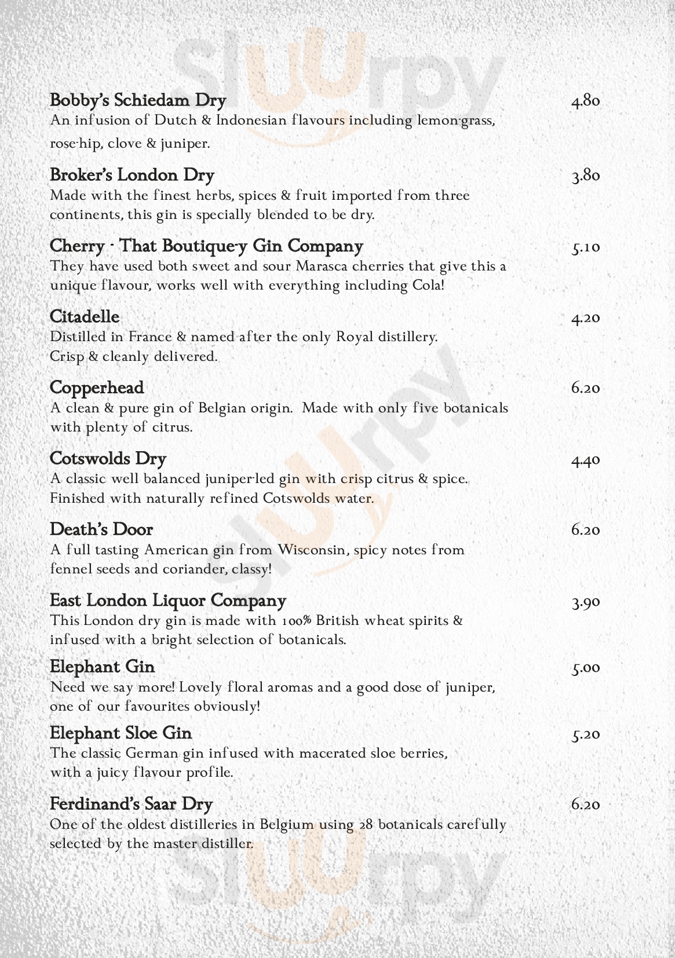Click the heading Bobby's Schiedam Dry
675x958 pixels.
(x=138, y=100)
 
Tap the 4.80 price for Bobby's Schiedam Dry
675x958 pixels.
(x=585, y=101)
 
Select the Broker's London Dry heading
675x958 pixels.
(x=132, y=175)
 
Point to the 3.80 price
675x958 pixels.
(x=585, y=176)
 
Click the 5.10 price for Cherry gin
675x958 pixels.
(x=585, y=248)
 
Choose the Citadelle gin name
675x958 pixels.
(x=85, y=317)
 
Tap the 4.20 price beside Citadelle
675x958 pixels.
(x=585, y=319)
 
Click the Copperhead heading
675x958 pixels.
(x=97, y=387)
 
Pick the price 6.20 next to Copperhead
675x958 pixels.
(x=585, y=388)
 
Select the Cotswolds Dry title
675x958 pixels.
(x=108, y=459)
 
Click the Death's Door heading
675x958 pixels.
(x=101, y=529)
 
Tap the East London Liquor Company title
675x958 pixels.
(x=168, y=601)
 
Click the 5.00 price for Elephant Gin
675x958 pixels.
(x=585, y=668)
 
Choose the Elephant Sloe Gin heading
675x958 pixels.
(x=121, y=733)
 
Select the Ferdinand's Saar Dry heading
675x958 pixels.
(x=132, y=804)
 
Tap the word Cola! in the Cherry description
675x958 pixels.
(x=428, y=286)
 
